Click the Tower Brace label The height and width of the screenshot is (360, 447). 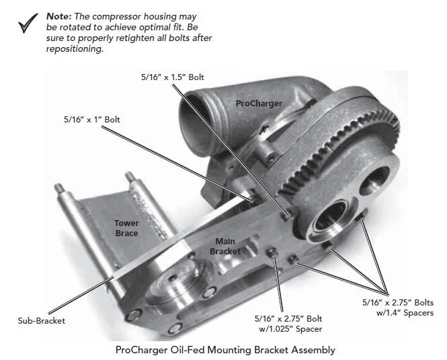pyautogui.click(x=126, y=228)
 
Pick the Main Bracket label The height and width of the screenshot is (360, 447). pyautogui.click(x=225, y=246)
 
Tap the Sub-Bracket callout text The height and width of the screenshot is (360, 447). pyautogui.click(x=42, y=320)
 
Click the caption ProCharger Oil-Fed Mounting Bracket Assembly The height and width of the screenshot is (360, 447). pyautogui.click(x=225, y=349)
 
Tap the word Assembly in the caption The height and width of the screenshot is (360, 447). pyautogui.click(x=311, y=349)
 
